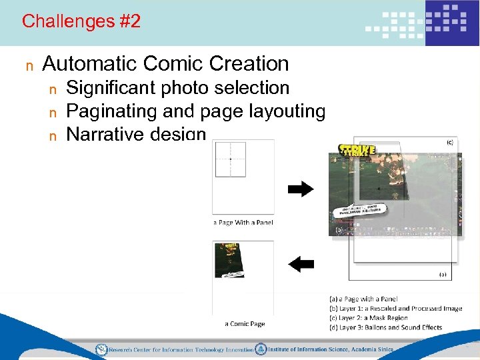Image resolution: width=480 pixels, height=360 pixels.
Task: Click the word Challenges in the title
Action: pos(59,21)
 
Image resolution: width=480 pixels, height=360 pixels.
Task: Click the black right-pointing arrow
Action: pos(301,189)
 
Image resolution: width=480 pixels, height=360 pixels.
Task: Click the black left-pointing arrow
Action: pos(301,264)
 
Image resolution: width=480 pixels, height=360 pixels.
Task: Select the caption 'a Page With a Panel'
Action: pos(243,222)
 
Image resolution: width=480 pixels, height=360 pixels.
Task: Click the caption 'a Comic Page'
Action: pos(245,324)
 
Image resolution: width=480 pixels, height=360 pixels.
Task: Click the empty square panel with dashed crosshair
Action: pos(231,159)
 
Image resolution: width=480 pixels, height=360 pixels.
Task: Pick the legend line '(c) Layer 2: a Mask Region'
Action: pos(368,318)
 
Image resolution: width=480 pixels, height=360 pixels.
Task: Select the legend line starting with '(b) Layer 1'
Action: pos(395,309)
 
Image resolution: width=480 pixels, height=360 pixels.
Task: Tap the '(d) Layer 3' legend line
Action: pos(385,327)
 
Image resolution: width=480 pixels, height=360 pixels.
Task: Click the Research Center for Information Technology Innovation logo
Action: pos(101,349)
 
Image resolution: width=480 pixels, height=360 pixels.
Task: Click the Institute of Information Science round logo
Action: pos(261,349)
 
